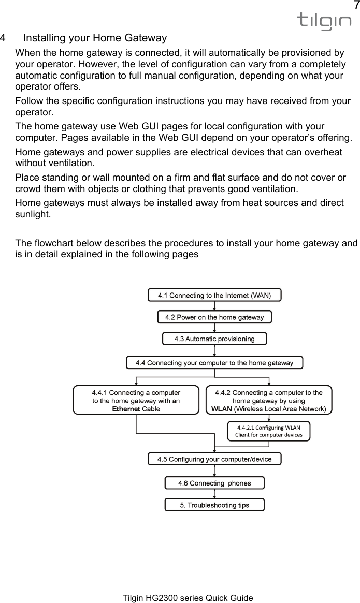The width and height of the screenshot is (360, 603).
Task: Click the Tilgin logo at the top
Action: point(324,21)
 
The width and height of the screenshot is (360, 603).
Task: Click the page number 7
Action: point(355,6)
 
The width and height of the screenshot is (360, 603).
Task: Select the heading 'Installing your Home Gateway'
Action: point(95,38)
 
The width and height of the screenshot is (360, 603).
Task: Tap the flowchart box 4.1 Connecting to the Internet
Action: point(214,295)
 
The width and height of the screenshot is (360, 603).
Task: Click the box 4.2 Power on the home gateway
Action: point(214,317)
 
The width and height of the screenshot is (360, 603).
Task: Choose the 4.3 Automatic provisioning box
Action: point(214,339)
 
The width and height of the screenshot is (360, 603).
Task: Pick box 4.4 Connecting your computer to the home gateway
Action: point(214,363)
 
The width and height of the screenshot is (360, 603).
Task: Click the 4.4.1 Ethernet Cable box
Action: point(136,400)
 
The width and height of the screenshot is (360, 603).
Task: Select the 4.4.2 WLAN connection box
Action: point(269,400)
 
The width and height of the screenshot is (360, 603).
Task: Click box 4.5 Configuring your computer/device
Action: point(214,459)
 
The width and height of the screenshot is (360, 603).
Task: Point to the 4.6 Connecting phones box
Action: point(214,483)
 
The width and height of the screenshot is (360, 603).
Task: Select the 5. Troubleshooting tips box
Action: point(214,505)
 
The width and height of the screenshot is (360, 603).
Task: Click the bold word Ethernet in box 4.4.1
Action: point(126,409)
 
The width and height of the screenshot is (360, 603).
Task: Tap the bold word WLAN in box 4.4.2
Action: point(222,409)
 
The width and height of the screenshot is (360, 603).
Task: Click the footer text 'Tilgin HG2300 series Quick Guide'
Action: point(188,598)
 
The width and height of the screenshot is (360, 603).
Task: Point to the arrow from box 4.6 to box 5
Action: point(214,494)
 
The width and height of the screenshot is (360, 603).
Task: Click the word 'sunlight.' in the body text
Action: point(33,213)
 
